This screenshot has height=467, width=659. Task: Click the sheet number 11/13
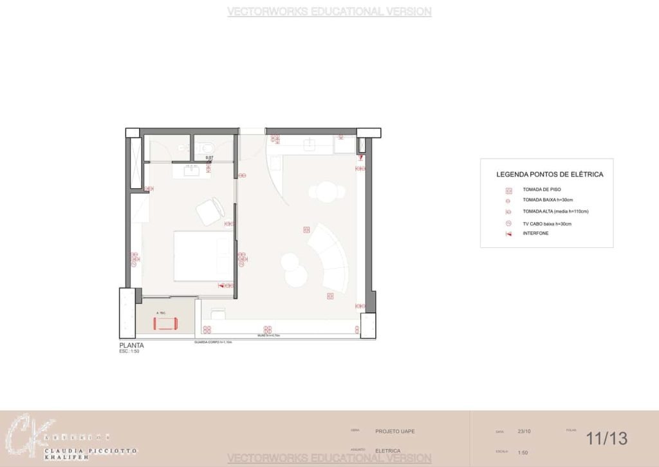(606, 439)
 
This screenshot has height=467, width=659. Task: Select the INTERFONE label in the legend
(535, 233)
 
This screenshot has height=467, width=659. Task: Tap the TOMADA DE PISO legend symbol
(508, 190)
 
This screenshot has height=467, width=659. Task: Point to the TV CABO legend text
(547, 224)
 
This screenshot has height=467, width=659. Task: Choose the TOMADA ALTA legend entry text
(555, 211)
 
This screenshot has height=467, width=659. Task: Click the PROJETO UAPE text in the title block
(394, 431)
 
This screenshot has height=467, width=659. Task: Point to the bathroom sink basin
(192, 171)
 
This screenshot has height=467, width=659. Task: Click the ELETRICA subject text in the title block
(387, 451)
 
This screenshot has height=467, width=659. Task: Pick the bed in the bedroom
(202, 256)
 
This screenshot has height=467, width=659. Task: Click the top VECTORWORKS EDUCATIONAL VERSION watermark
(329, 12)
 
